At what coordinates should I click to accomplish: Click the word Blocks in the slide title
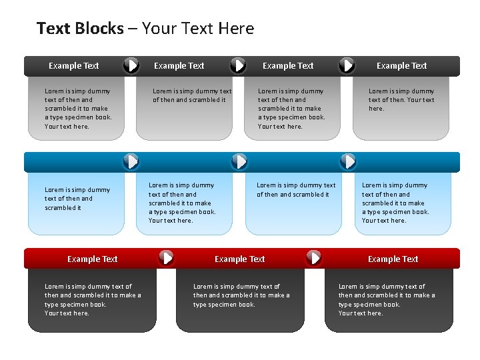click(x=99, y=29)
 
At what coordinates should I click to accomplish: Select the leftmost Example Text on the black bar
click(x=73, y=65)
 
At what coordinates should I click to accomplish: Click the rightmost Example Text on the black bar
click(x=401, y=65)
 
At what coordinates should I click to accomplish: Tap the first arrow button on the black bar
click(x=132, y=65)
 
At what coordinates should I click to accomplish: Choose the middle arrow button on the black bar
click(x=238, y=65)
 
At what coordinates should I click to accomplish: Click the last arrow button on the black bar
click(x=347, y=65)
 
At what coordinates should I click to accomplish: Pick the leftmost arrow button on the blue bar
click(x=132, y=161)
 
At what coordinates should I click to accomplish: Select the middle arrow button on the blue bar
click(x=239, y=161)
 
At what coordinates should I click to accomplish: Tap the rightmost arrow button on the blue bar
click(x=348, y=161)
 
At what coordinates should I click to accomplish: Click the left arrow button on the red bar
click(x=166, y=257)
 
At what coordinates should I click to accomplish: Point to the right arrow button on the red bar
click(x=313, y=257)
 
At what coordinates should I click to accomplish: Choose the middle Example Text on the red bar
click(x=239, y=259)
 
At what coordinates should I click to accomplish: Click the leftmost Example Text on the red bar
click(x=92, y=259)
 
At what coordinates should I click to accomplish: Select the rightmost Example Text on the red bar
click(x=393, y=259)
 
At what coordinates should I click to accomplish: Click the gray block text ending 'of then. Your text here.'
click(x=401, y=99)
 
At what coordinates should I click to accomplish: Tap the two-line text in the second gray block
click(x=192, y=95)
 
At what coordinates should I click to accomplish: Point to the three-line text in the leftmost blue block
click(x=77, y=199)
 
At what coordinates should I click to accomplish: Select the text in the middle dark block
click(x=241, y=295)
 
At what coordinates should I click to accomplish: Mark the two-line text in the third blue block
click(x=296, y=190)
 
